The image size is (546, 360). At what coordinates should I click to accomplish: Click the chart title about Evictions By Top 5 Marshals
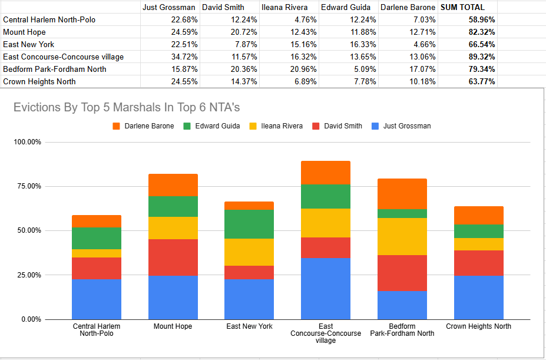127,108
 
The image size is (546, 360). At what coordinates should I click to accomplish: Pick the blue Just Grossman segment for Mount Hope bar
173,297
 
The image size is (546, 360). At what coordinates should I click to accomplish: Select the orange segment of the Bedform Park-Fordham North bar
402,194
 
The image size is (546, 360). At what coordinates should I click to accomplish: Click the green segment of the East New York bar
249,224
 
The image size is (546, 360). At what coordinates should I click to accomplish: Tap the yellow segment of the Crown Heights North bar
478,244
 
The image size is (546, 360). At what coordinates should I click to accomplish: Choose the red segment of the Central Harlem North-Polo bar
97,268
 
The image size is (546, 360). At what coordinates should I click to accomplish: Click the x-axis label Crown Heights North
478,326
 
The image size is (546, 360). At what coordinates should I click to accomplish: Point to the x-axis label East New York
249,326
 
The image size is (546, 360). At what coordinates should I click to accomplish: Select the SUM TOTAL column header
463,8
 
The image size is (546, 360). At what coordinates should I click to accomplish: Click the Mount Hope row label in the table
24,32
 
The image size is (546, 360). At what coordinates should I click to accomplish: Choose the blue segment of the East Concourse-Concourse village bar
326,288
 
